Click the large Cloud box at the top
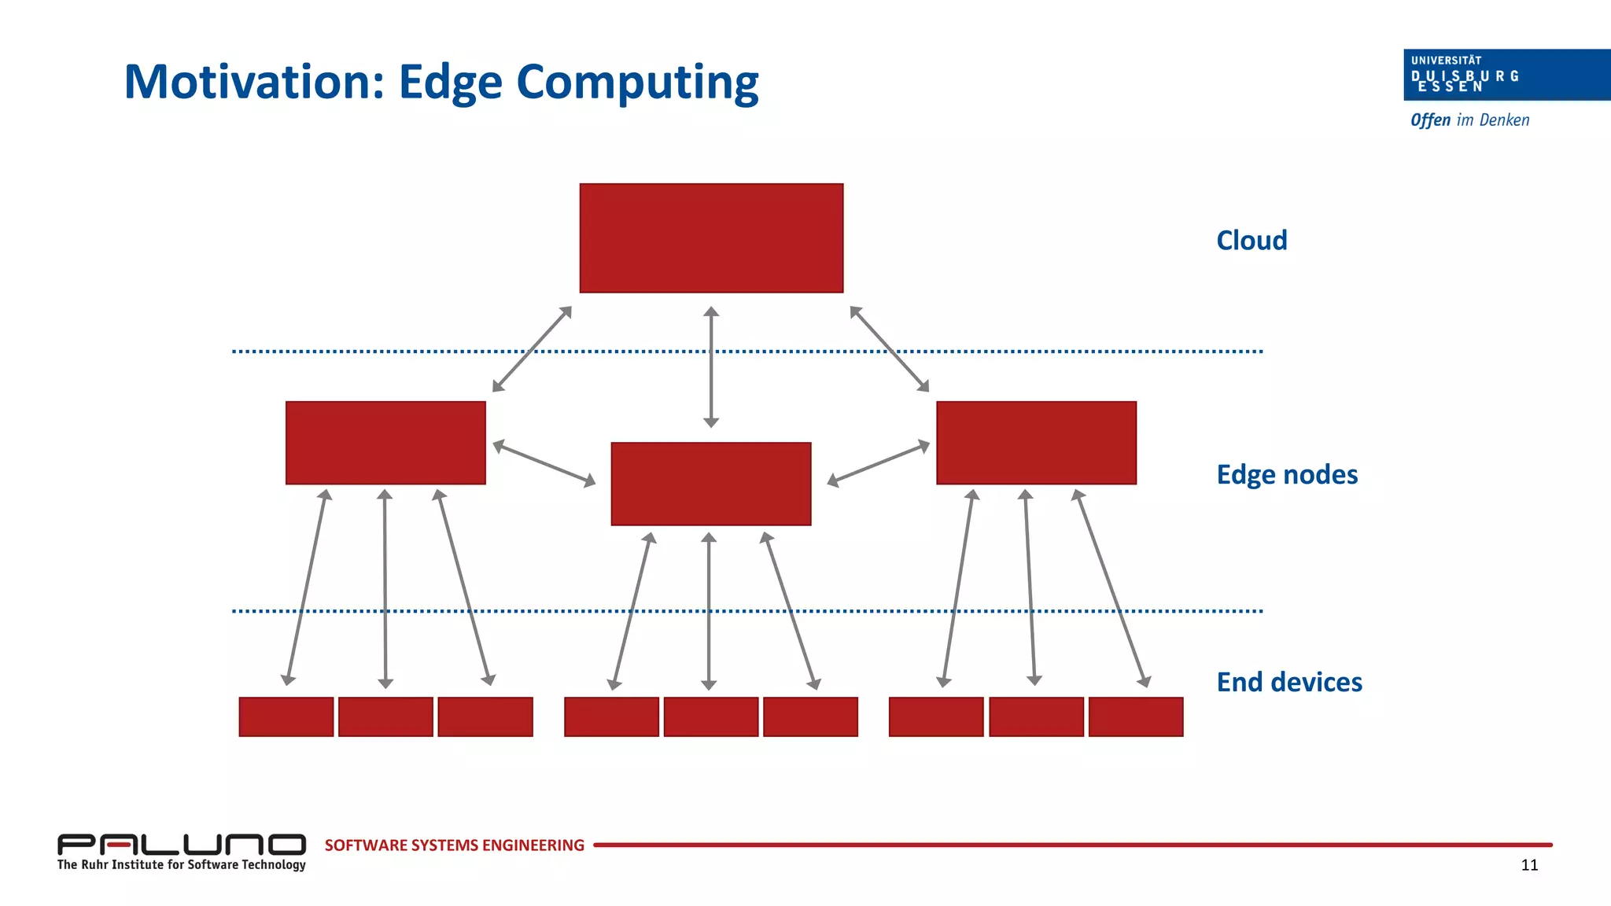(x=711, y=238)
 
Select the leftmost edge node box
(x=385, y=443)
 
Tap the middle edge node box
(x=711, y=484)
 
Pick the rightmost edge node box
(x=1036, y=443)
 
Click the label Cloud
(x=1252, y=241)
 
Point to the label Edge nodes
(x=1287, y=475)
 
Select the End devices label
(x=1289, y=682)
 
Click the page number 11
(x=1529, y=865)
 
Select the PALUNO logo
(x=181, y=845)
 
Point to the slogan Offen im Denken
(x=1469, y=120)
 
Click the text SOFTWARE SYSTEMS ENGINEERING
(x=454, y=845)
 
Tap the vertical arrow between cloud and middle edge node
(x=711, y=366)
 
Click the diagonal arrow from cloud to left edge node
(x=532, y=348)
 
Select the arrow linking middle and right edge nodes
(x=878, y=464)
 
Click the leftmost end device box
(x=286, y=716)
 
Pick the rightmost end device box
(x=1135, y=716)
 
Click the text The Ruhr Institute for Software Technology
(x=181, y=865)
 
